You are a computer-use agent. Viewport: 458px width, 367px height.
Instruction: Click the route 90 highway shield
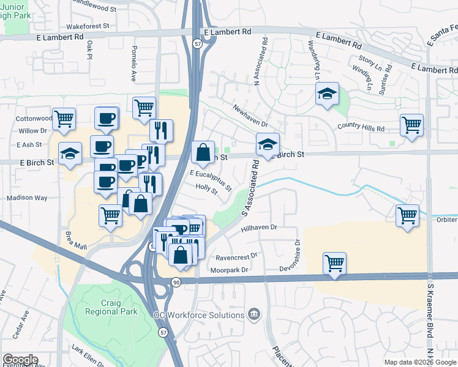point(176,282)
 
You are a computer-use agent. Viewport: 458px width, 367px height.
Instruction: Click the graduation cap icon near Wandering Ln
point(328,94)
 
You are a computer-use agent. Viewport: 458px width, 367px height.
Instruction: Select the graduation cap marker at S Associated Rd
point(268,145)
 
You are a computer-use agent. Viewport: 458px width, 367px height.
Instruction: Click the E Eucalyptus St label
point(211,180)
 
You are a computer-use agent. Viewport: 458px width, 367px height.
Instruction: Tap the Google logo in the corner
point(20,360)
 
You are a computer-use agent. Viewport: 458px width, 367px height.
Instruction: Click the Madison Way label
point(27,198)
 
